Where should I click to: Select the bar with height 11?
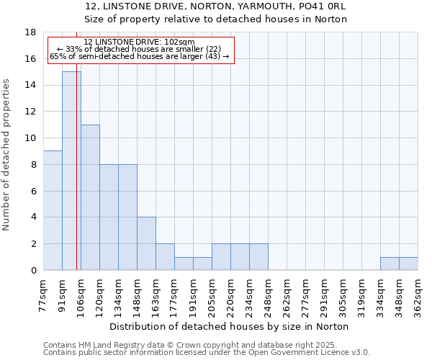point(90,197)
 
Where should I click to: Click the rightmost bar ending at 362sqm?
point(408,264)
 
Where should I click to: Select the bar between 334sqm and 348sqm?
point(390,264)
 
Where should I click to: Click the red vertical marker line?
point(76,180)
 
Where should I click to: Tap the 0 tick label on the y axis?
point(33,271)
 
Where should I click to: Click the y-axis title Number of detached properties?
point(7,155)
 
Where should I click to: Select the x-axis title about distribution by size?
point(230,326)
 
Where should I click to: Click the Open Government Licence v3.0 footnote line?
point(207,352)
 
